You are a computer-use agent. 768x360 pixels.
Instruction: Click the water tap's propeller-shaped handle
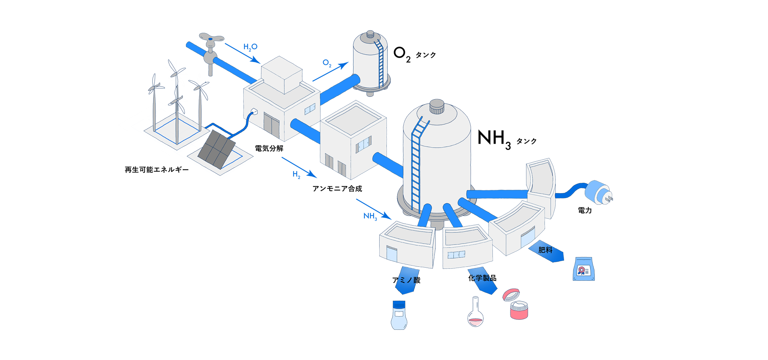coord(211,39)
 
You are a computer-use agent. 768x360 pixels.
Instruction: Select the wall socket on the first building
coord(254,112)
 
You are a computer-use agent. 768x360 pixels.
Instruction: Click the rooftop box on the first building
coord(282,75)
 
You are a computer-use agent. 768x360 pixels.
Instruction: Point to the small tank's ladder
coord(379,64)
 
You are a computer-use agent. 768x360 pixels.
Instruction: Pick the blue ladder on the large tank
coord(417,160)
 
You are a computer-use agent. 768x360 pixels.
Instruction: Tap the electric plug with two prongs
coord(598,192)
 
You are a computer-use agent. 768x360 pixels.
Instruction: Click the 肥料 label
coord(545,250)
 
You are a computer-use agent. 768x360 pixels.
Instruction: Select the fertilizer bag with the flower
coord(584,269)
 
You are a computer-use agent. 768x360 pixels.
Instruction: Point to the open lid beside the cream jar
coord(511,295)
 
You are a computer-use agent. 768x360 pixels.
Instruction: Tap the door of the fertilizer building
coord(527,237)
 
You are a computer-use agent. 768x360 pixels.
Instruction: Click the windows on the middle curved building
coord(456,254)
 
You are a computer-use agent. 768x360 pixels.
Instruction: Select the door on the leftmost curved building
coord(392,254)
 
